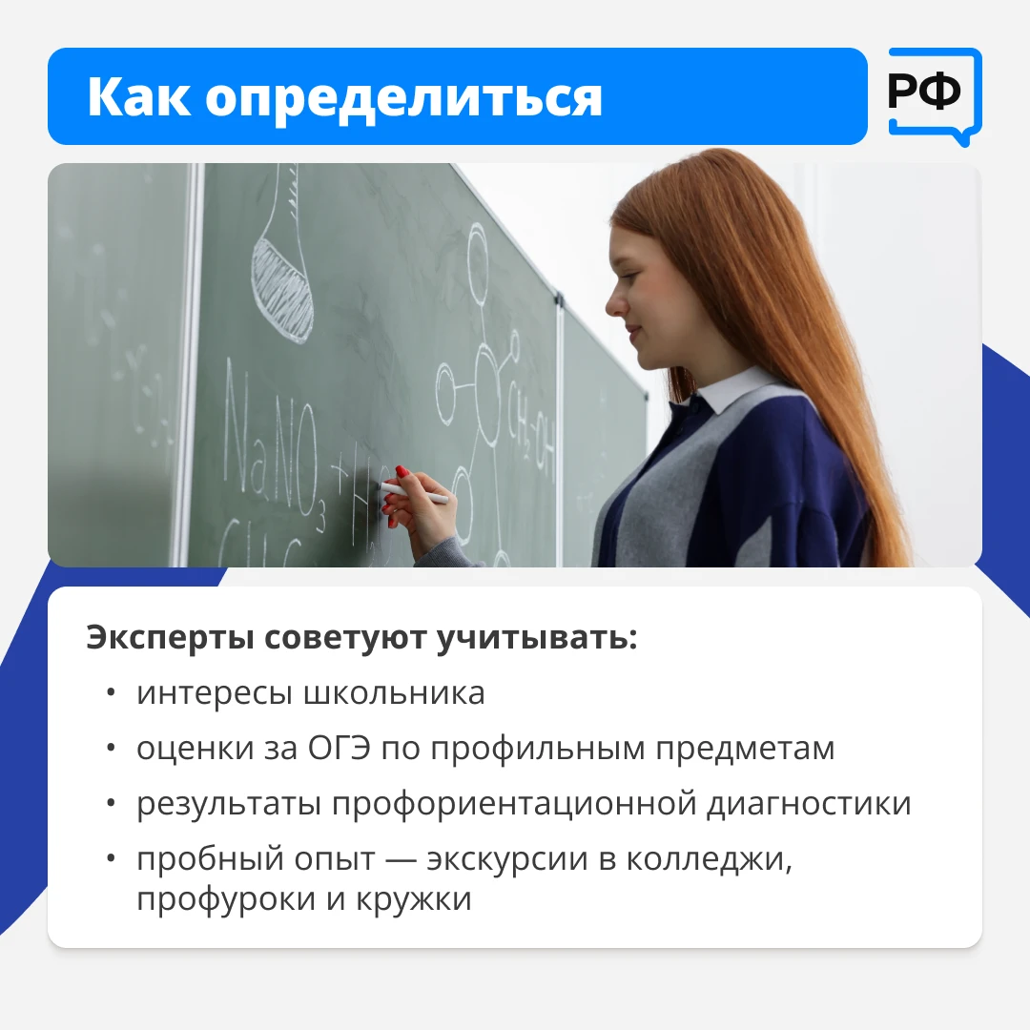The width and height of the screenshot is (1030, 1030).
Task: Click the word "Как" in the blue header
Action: (138, 97)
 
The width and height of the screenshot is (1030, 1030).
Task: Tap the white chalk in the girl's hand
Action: (415, 493)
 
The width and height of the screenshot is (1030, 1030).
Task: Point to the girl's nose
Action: (615, 303)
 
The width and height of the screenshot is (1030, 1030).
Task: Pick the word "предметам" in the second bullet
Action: (745, 750)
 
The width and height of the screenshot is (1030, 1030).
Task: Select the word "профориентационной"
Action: (514, 805)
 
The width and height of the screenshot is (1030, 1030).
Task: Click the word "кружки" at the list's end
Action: (414, 899)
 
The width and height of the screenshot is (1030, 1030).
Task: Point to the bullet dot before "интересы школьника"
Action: (111, 693)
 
